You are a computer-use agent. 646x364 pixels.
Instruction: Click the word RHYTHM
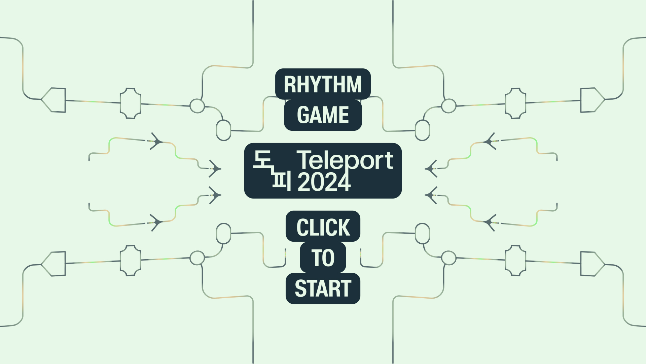[323, 84]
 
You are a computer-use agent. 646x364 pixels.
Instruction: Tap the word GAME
[323, 115]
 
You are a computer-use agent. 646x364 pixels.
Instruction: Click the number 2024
[324, 182]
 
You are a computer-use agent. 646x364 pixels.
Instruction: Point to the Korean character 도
[263, 160]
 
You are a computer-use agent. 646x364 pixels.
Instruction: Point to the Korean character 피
[281, 182]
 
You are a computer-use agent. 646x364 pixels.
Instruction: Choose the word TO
[323, 258]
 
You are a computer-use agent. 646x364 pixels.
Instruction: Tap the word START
[323, 289]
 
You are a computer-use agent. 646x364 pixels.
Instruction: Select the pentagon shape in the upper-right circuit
[591, 100]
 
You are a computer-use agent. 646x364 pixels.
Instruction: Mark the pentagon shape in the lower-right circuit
[591, 264]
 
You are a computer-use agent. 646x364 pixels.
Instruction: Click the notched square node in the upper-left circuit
[131, 103]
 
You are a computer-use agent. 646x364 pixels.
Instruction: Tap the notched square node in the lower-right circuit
[515, 261]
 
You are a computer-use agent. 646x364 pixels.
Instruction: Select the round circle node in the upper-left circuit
[197, 106]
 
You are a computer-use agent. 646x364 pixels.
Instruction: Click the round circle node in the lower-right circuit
[448, 258]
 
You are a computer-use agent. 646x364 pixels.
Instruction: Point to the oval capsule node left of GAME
[223, 130]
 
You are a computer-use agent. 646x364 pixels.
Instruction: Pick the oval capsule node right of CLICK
[423, 233]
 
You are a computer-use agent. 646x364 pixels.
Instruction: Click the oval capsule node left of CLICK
[223, 233]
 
